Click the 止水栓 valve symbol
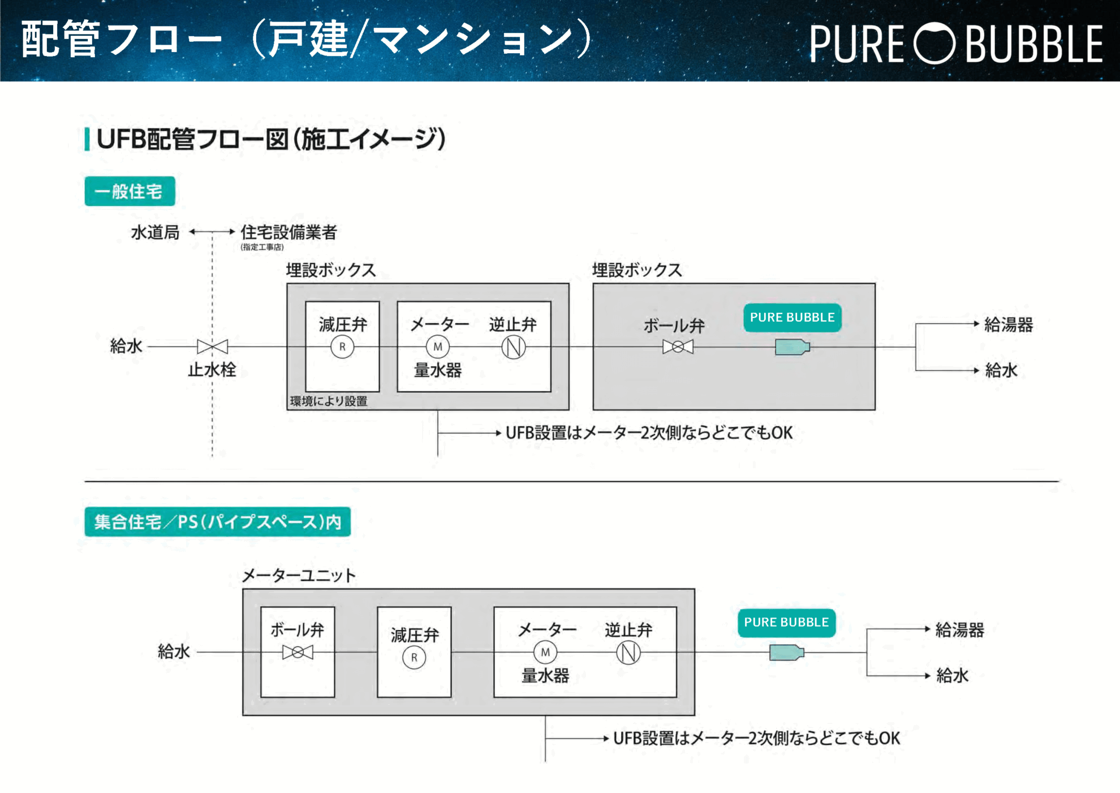click(213, 346)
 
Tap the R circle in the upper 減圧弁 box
click(342, 346)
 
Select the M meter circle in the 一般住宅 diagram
click(438, 346)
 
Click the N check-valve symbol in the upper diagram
click(514, 347)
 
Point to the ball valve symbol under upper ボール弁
click(678, 346)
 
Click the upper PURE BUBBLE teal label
click(792, 318)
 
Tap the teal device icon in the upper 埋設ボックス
click(792, 347)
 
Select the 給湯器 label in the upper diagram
click(1009, 324)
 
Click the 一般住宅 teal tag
click(130, 191)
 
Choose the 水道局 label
click(155, 232)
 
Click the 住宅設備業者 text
click(288, 232)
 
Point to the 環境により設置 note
click(329, 401)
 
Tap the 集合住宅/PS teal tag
click(218, 522)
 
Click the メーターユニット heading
click(299, 576)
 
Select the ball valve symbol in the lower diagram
click(298, 653)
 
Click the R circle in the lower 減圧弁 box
click(414, 657)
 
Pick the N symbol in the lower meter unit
click(628, 653)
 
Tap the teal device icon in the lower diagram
click(787, 653)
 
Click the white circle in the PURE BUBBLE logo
click(934, 44)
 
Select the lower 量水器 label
click(545, 675)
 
